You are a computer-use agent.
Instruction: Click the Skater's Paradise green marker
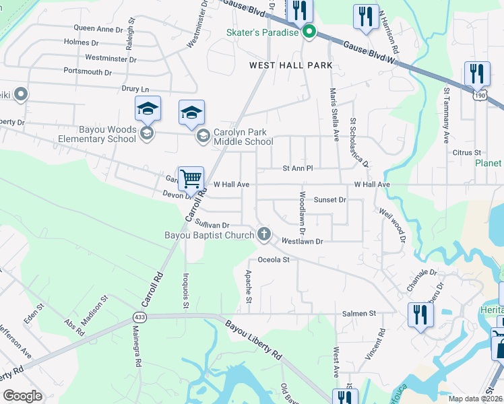[x=309, y=32]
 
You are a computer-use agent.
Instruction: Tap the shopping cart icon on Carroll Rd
[x=191, y=178]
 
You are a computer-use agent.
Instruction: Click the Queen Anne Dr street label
[x=98, y=29]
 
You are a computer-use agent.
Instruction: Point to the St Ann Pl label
[x=298, y=168]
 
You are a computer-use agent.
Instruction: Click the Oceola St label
[x=273, y=259]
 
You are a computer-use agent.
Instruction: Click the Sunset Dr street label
[x=329, y=200]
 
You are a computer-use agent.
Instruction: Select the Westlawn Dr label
[x=303, y=240]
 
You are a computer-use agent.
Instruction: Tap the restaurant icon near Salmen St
[x=420, y=314]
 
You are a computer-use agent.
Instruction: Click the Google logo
[x=22, y=396]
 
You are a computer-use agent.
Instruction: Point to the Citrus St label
[x=467, y=154]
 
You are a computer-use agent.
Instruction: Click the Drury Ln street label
[x=135, y=89]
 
